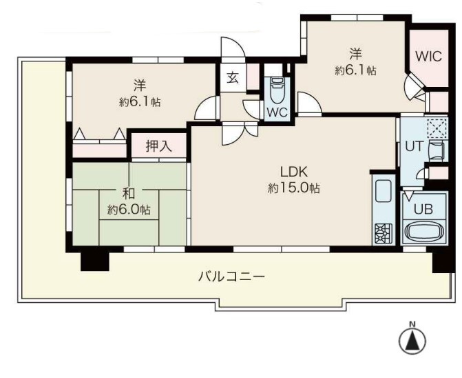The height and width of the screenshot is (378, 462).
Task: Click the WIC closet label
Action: [428, 56]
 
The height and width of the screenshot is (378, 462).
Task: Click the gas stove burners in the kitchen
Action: [384, 233]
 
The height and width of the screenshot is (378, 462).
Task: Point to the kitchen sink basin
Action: [384, 190]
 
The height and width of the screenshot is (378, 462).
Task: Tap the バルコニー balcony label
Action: [231, 277]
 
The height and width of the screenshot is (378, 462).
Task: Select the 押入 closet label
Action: [159, 146]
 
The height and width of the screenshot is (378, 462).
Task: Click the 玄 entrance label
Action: [233, 78]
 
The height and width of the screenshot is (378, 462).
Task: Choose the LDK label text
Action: [294, 172]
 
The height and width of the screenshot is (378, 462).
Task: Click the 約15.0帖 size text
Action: [294, 188]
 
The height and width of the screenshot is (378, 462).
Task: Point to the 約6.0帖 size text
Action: [129, 210]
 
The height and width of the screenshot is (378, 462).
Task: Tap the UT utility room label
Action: [414, 146]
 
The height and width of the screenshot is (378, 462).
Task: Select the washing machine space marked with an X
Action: [437, 128]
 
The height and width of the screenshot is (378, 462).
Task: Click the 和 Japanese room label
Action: [129, 194]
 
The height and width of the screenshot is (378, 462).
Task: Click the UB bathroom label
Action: [423, 209]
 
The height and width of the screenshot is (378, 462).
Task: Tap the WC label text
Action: [277, 112]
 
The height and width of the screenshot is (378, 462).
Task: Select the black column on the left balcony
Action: [95, 261]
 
